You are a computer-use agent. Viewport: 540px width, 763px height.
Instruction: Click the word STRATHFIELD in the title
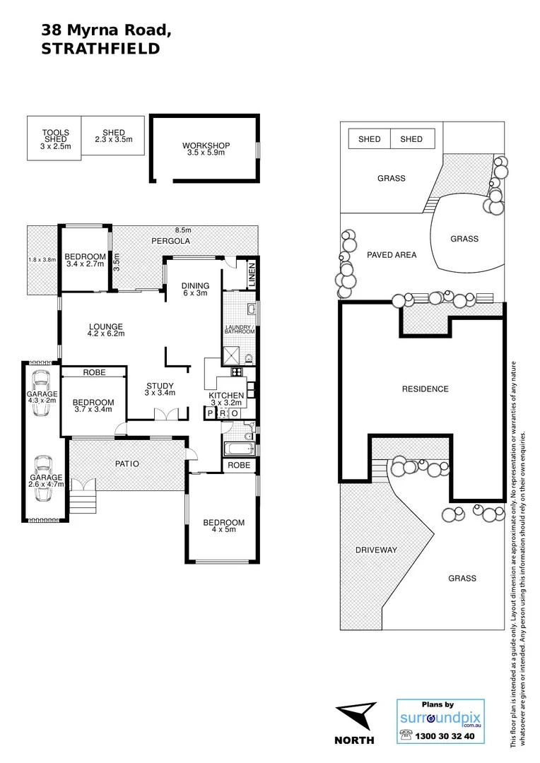click(x=100, y=49)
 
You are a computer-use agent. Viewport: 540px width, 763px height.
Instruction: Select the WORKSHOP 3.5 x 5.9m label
click(x=206, y=149)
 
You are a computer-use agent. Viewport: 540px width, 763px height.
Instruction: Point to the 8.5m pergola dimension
click(x=183, y=230)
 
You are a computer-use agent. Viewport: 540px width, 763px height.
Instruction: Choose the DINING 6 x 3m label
click(x=194, y=289)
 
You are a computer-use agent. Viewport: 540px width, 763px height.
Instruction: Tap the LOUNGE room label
click(x=105, y=331)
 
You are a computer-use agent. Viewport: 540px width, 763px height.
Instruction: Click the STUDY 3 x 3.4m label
click(x=160, y=389)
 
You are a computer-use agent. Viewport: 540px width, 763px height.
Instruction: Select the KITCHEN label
click(x=226, y=398)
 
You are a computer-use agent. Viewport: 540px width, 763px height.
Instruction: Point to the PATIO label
click(x=127, y=464)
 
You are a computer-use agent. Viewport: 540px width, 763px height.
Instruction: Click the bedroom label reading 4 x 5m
click(x=223, y=526)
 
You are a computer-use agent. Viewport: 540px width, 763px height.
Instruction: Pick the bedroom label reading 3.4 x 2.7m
click(x=85, y=260)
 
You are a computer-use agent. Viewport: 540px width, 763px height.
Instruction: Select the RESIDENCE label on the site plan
click(x=425, y=389)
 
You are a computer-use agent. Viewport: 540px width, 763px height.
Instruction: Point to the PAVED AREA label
click(x=392, y=255)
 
